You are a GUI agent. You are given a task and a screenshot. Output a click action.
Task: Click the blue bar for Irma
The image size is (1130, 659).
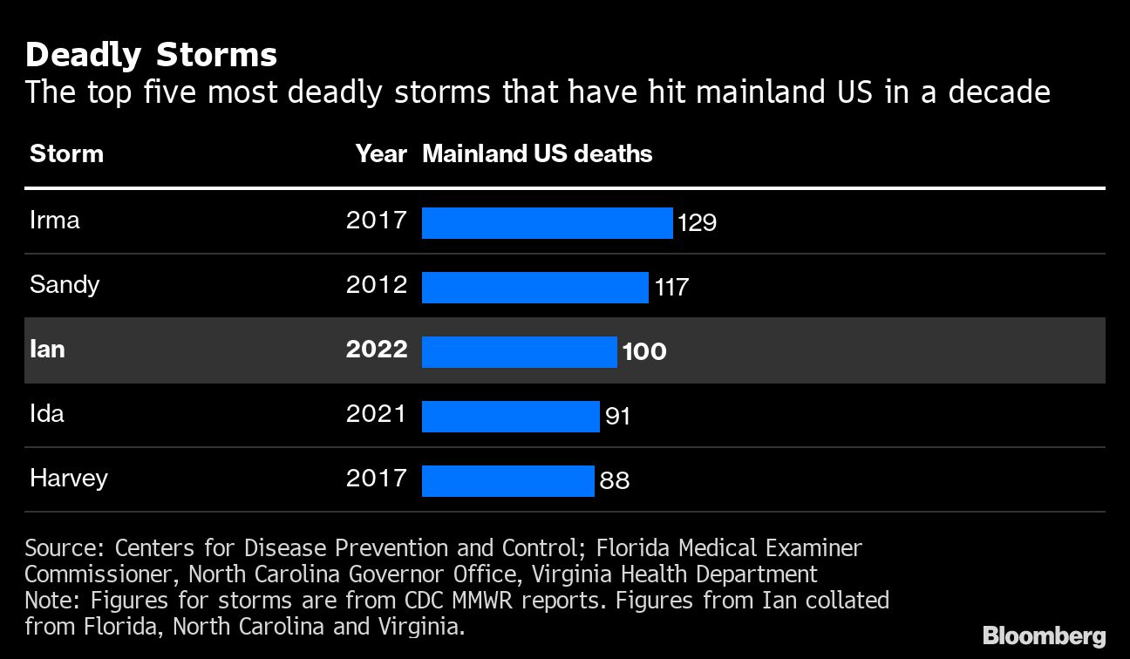coord(547,222)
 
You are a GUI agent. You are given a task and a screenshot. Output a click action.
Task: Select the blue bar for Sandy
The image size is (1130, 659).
coord(534,287)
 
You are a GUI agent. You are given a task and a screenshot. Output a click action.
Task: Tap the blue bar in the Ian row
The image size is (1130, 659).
coord(519,351)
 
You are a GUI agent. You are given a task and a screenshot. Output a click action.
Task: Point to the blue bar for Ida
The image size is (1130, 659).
coord(510,416)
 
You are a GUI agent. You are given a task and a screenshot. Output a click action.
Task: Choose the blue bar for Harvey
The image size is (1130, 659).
coord(507,480)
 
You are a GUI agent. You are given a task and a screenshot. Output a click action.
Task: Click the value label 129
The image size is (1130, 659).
coord(697,223)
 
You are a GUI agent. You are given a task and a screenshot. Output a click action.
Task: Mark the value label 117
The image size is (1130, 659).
coord(671,287)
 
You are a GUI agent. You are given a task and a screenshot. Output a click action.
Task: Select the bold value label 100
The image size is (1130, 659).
coord(644,352)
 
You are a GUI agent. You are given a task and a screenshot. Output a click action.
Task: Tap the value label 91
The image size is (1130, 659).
coord(617,417)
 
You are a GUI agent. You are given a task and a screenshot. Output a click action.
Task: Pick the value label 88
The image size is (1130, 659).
coord(614,480)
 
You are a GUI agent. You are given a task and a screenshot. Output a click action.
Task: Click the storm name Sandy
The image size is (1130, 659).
coord(65,285)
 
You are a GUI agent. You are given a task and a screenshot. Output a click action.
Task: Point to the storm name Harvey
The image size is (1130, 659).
coord(69,479)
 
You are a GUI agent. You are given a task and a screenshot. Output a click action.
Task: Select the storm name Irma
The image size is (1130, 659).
coord(55,220)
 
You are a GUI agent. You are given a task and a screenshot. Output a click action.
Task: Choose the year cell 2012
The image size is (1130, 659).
coord(376,285)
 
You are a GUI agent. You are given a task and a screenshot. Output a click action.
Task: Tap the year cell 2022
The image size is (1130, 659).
coord(376,350)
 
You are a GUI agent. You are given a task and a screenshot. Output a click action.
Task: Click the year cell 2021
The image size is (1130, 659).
coord(376,414)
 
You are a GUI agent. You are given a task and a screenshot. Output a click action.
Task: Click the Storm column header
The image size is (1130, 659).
coord(66,154)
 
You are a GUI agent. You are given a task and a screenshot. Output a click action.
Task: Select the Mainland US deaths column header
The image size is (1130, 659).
coord(537,154)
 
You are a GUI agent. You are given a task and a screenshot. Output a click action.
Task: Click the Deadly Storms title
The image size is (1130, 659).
coord(151,56)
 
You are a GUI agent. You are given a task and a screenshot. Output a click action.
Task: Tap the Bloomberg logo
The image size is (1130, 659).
coord(1044,635)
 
